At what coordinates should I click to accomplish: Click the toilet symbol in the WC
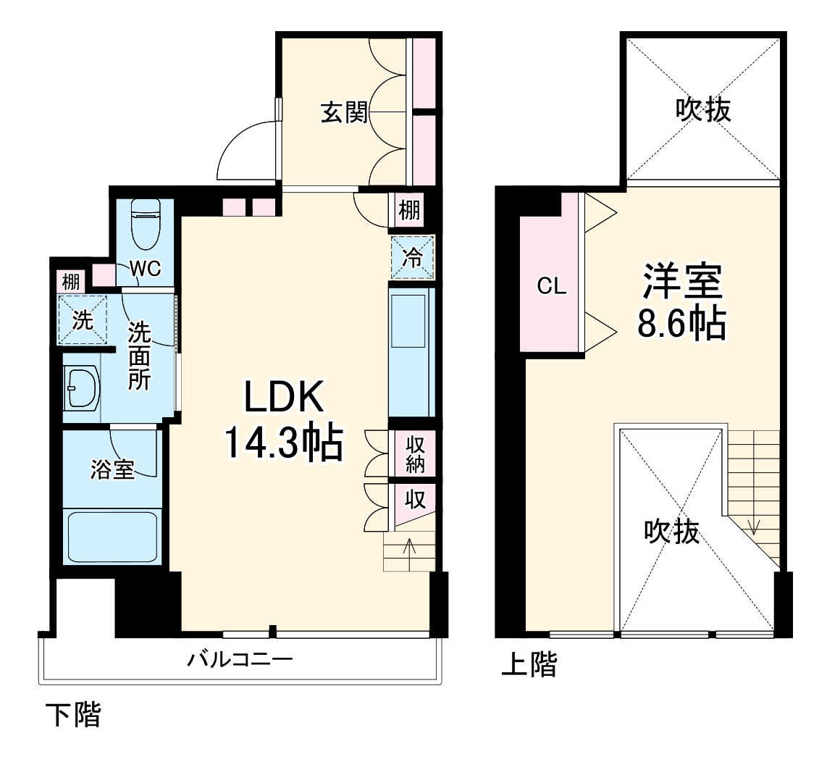(146, 225)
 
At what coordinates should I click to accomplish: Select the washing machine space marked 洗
(83, 319)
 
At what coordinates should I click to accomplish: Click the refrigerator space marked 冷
(412, 258)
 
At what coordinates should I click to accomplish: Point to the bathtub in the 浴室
(111, 535)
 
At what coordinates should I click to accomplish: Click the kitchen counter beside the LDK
(411, 351)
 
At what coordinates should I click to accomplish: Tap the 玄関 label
(345, 113)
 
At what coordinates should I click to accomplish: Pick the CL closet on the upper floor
(551, 287)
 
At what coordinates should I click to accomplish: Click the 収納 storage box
(413, 455)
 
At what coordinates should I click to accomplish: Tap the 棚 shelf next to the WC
(70, 280)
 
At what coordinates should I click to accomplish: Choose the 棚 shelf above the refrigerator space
(409, 211)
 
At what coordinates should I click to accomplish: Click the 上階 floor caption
(529, 664)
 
